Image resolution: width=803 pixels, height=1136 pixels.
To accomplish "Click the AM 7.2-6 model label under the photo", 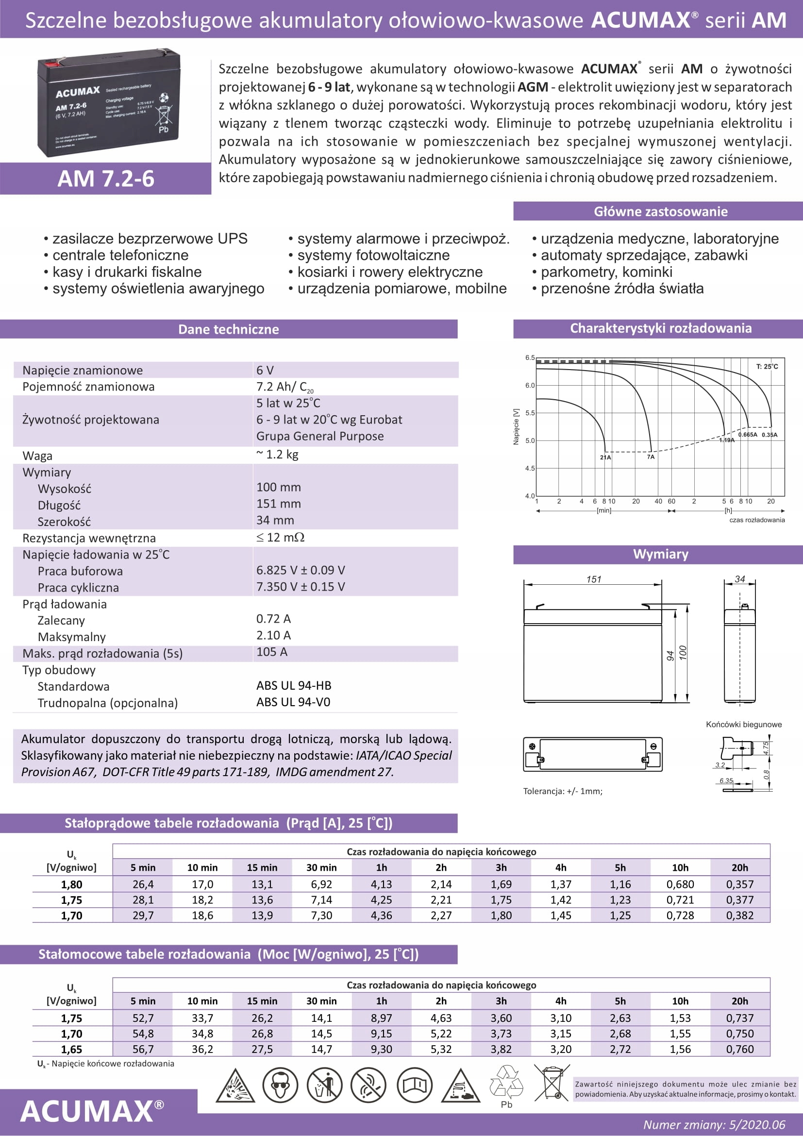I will [106, 179].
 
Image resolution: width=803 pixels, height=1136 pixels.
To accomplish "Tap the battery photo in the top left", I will [109, 102].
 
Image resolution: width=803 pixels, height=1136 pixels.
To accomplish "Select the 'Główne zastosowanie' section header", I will [660, 211].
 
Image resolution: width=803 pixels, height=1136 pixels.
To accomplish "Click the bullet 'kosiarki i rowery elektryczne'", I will [390, 271].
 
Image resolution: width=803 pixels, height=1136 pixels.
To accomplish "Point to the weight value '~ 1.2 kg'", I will [277, 454].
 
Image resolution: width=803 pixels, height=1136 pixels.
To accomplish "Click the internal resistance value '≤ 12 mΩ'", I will [280, 537].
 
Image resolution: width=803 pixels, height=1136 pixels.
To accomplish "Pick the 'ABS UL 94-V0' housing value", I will [293, 702].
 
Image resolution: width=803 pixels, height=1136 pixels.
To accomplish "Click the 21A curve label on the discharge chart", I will [605, 457].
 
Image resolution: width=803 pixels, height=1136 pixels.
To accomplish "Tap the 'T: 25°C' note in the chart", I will [767, 367].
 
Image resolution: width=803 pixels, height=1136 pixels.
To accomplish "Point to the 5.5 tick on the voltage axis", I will [530, 413].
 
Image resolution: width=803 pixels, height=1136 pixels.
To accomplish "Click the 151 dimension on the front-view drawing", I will [593, 579].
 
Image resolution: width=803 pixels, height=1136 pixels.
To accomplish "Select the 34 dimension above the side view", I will [740, 578].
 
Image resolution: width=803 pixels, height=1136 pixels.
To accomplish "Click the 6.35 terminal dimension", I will [726, 780].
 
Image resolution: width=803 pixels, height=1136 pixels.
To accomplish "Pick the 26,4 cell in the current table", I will [143, 884].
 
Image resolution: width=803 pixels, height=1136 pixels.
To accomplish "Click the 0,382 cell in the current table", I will [740, 916].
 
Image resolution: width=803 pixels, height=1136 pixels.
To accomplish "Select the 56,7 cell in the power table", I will [143, 1049].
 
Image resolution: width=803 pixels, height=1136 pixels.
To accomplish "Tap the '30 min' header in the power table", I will [321, 1000].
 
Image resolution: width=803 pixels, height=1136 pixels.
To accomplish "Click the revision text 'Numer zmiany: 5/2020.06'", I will [714, 1124].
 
